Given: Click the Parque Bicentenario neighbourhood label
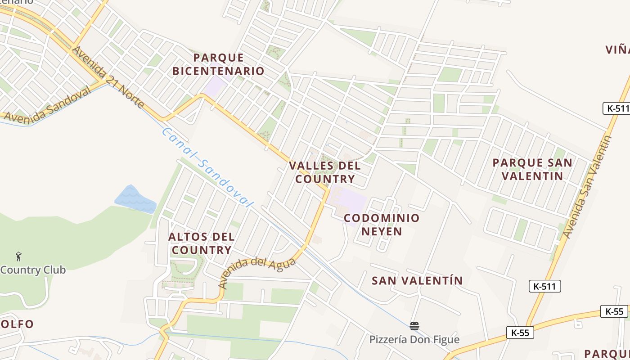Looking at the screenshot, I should (x=218, y=64).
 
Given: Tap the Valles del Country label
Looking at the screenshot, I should (x=324, y=172).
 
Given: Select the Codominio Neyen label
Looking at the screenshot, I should (x=382, y=225).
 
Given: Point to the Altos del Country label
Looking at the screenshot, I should (x=202, y=243).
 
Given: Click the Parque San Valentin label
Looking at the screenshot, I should (x=532, y=169).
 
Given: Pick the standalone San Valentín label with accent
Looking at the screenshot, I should (x=417, y=281).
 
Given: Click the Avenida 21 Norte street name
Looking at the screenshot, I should (x=108, y=77).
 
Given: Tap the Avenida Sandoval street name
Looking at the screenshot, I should (x=47, y=104).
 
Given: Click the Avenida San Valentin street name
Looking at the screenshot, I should (x=588, y=187).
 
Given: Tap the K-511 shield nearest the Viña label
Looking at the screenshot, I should (x=616, y=108).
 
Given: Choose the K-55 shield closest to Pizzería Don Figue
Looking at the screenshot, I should (x=520, y=333).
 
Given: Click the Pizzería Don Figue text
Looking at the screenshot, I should (x=414, y=339).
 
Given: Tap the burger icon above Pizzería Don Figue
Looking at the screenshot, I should (x=414, y=326).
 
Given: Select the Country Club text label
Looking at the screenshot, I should (x=33, y=270).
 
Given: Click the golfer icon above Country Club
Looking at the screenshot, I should (x=18, y=256).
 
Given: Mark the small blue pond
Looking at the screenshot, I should (x=135, y=199).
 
